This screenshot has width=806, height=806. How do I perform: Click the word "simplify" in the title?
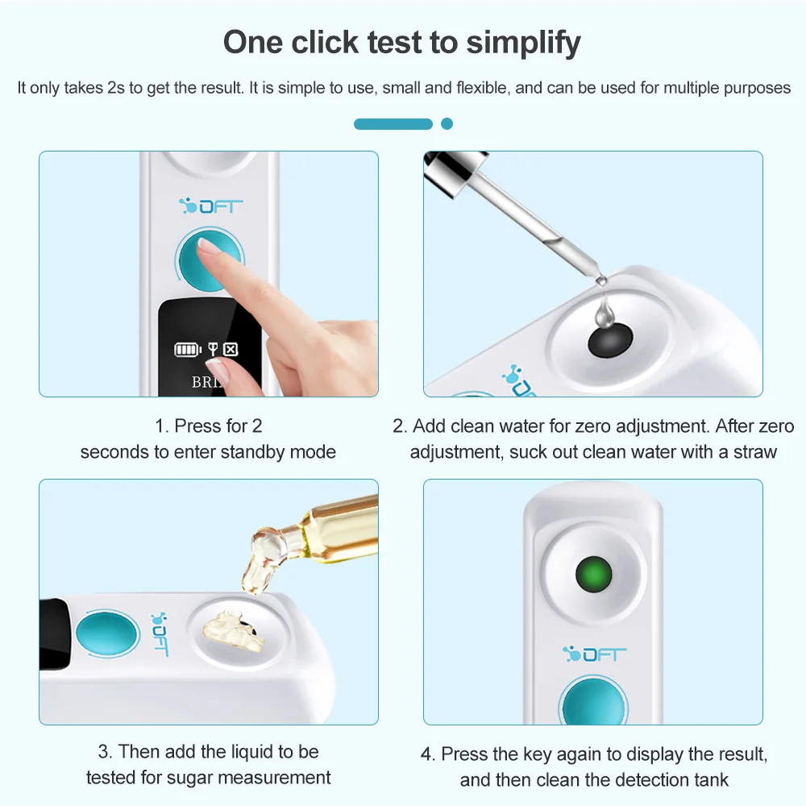523,44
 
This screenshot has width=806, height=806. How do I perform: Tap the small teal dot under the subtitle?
447,124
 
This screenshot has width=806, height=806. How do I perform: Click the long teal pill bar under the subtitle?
393,124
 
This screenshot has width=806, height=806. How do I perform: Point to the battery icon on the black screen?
188,350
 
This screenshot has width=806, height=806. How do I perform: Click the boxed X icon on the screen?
231,350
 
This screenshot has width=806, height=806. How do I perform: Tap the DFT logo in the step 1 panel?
210,206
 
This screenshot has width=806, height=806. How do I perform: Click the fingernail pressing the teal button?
209,247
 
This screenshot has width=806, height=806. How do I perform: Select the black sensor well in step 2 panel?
610,340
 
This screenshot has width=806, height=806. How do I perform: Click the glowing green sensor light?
594,574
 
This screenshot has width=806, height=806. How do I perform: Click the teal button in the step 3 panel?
107,634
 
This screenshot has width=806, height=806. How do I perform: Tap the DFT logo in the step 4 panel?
595,654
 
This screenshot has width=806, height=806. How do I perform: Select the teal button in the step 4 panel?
594,702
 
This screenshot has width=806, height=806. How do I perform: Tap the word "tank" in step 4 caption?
712,779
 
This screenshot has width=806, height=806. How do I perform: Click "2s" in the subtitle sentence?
115,88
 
